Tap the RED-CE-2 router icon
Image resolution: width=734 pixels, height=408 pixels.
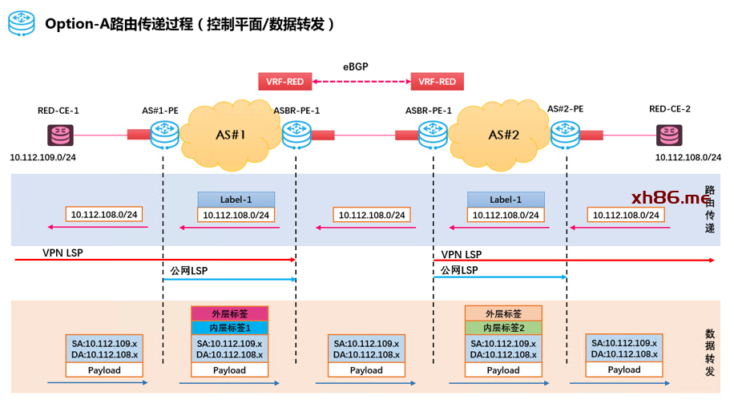pos(670,134)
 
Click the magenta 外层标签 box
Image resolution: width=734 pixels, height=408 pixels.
pos(229,313)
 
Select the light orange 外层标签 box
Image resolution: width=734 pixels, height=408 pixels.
pos(503,313)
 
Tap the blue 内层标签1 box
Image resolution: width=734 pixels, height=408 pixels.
pos(229,328)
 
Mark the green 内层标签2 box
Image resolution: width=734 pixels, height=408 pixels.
pos(503,328)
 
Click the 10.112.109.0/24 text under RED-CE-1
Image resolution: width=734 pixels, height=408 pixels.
pos(42,158)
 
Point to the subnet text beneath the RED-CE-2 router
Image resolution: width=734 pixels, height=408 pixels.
pos(688,157)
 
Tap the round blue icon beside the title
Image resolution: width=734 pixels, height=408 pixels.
pos(22,23)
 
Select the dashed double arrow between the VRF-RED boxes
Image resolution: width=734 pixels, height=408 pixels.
pos(361,81)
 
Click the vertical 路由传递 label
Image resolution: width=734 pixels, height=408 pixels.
pos(709,210)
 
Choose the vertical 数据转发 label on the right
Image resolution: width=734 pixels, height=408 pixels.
pos(709,347)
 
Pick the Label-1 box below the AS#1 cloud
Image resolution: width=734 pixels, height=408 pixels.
pos(236,200)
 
